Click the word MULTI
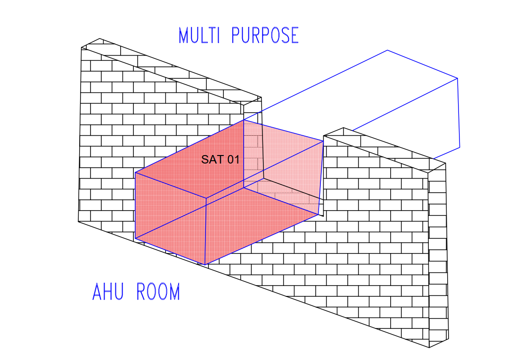point(199,35)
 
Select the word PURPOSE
point(265,35)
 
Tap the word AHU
point(108,292)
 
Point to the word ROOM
point(158,292)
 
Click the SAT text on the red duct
point(212,159)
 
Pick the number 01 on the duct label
point(233,159)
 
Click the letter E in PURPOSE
point(295,35)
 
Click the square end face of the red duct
point(171,218)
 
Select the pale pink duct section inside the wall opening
point(283,167)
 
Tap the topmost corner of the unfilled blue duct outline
point(387,50)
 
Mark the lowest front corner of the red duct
point(205,265)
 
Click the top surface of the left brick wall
point(171,72)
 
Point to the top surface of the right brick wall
point(385,150)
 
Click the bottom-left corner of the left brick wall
point(78,221)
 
